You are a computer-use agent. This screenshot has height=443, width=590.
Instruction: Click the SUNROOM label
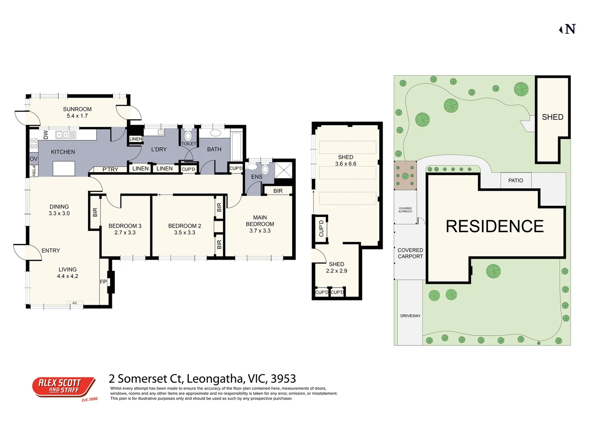(77, 109)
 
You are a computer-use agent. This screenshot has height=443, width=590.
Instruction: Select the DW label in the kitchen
(45, 135)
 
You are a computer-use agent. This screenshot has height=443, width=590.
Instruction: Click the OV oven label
(34, 159)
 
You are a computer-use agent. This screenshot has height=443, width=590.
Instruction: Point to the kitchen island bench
(64, 168)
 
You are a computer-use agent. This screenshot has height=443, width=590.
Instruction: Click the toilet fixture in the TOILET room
(188, 136)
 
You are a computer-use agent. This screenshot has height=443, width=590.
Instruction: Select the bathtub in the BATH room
(236, 146)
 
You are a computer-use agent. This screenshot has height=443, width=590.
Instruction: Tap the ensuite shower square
(284, 170)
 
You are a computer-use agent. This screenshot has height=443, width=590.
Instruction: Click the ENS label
(256, 177)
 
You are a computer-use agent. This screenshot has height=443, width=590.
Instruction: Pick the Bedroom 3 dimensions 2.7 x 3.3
(125, 233)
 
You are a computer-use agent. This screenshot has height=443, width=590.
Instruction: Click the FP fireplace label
(103, 282)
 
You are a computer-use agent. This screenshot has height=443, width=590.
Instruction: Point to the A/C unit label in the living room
(75, 303)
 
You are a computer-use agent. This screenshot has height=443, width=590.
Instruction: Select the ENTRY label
(51, 250)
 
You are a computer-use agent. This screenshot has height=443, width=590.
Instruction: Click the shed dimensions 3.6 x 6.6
(345, 164)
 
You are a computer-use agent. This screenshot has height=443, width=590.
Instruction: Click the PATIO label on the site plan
(515, 180)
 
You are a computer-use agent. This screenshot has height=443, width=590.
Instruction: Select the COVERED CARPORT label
(410, 253)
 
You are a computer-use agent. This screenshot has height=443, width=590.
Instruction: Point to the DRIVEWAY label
(410, 316)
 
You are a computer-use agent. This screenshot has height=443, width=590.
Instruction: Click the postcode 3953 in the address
(283, 379)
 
